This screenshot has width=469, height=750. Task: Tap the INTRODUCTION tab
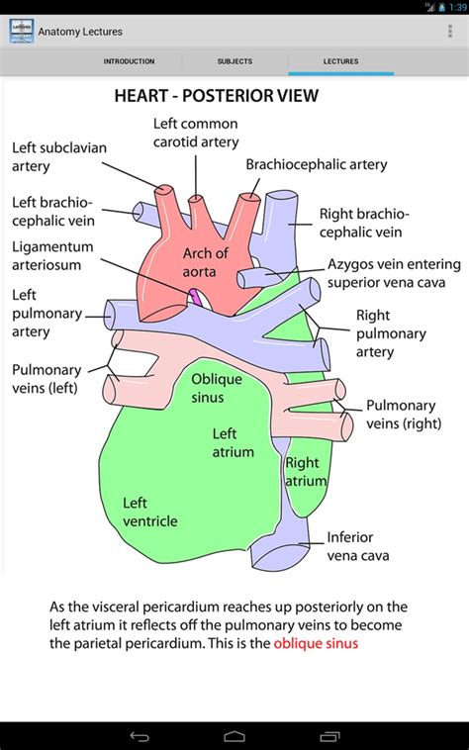click(x=129, y=61)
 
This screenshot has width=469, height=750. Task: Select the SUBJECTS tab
click(x=234, y=61)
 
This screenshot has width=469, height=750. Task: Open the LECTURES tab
click(x=340, y=61)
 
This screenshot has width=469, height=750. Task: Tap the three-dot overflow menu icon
click(x=451, y=32)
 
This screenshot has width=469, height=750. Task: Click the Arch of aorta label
click(x=205, y=261)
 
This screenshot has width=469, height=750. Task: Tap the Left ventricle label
click(x=149, y=512)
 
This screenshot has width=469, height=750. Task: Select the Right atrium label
click(x=304, y=471)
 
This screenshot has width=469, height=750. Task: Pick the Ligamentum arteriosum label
click(x=52, y=255)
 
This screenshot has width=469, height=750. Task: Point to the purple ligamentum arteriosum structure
click(x=196, y=295)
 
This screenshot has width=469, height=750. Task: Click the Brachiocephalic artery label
click(x=316, y=164)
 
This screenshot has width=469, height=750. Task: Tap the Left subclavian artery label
click(x=58, y=156)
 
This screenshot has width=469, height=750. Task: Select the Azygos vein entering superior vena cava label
click(x=394, y=275)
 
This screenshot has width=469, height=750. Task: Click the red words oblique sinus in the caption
click(x=316, y=643)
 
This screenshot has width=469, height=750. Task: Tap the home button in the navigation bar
click(x=234, y=736)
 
